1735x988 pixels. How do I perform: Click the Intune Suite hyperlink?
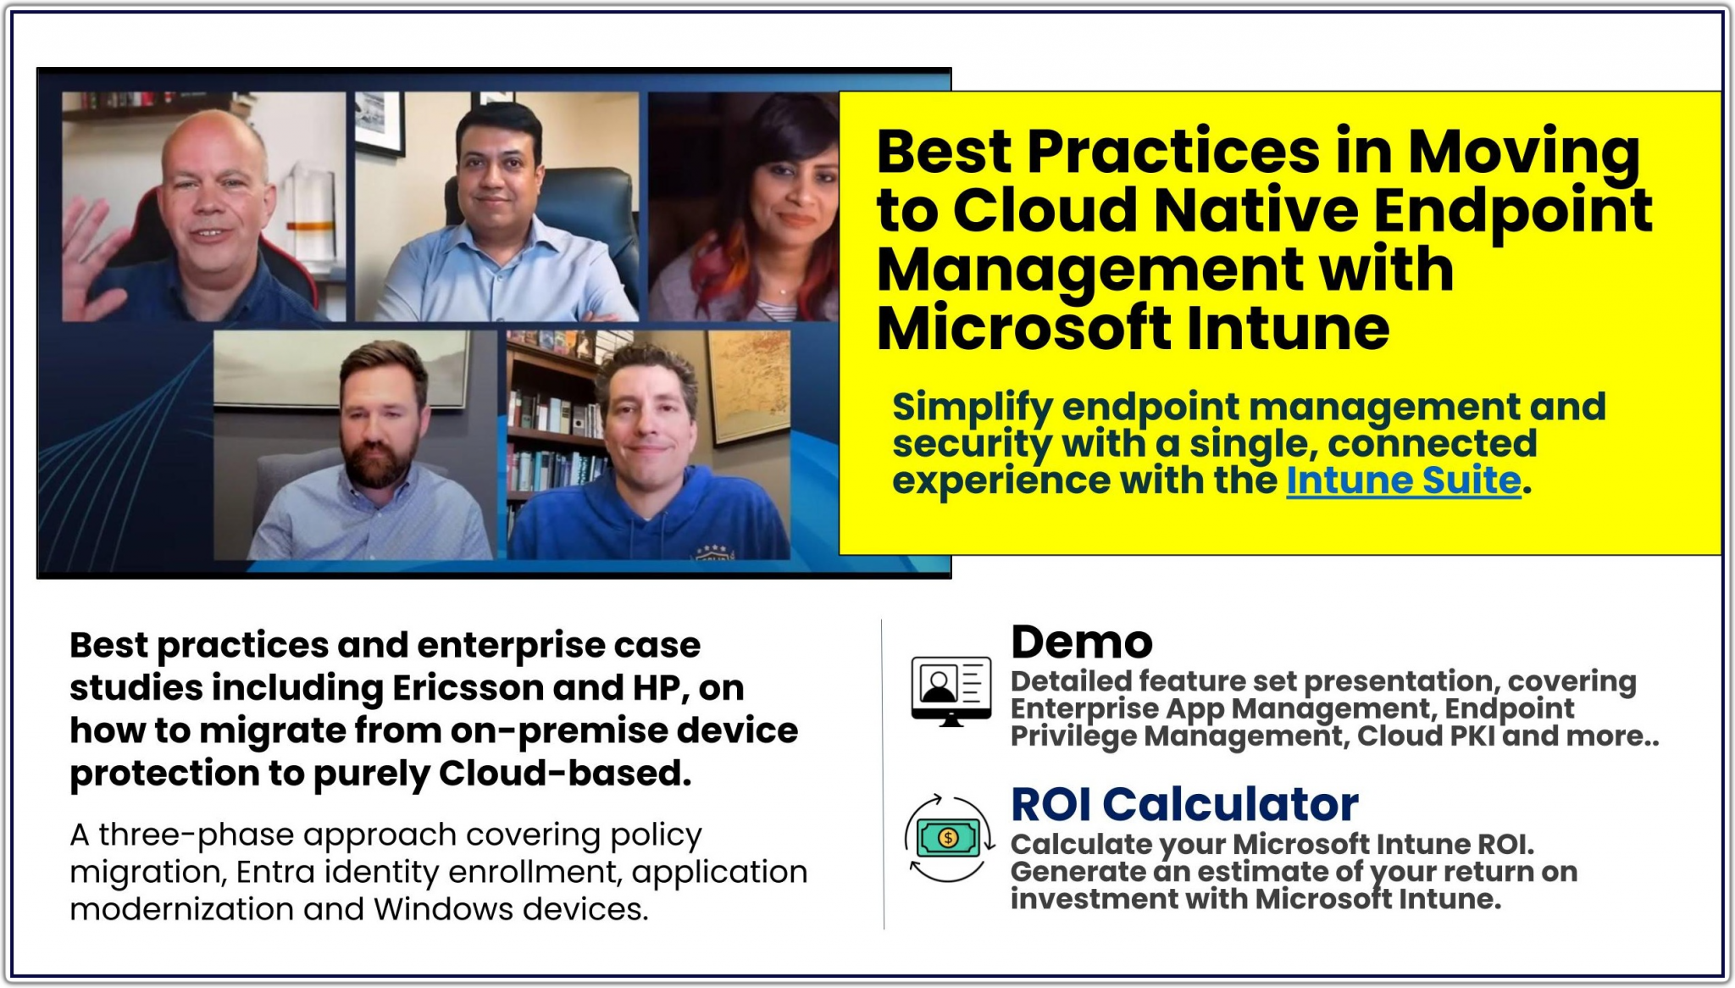(x=1404, y=480)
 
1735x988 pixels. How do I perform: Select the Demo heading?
(x=1082, y=642)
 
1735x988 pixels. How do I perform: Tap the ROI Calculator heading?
(x=1184, y=804)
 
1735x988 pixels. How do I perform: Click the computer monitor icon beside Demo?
(x=951, y=691)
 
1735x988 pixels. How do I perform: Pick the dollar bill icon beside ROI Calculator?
(x=948, y=838)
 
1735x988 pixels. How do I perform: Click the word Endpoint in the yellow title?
(x=1512, y=211)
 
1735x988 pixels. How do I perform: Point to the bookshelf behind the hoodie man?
(x=551, y=424)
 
